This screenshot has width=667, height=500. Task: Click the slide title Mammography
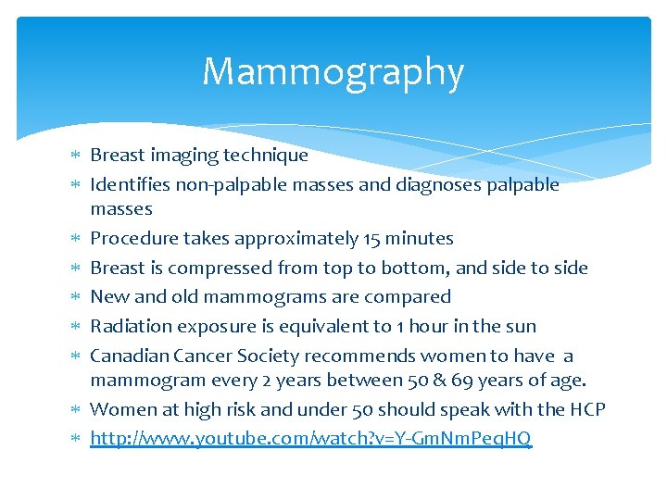[x=333, y=72]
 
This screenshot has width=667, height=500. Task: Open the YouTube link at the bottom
[x=310, y=438]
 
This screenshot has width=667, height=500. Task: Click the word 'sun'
[x=522, y=326]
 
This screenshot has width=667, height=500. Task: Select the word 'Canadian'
[x=128, y=356]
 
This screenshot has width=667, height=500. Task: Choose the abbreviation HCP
[x=585, y=409]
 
